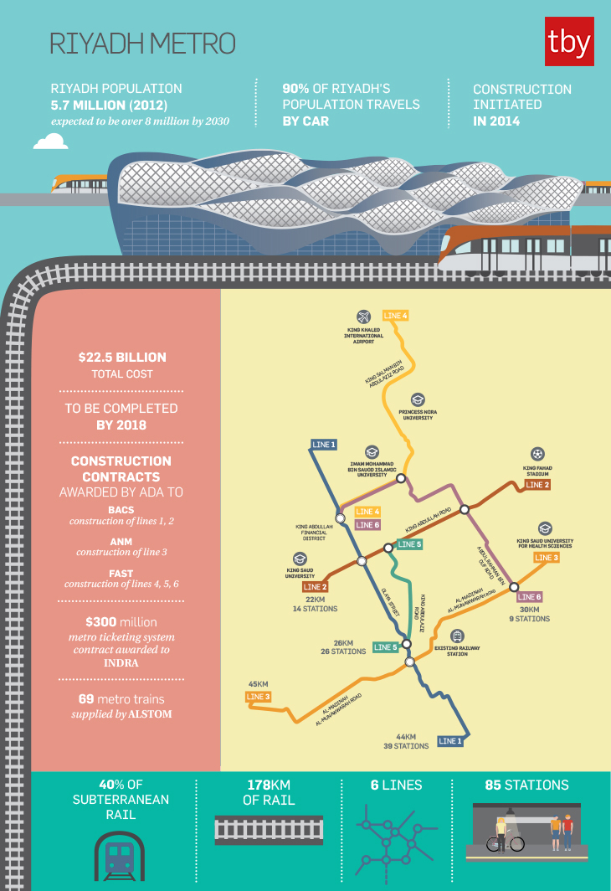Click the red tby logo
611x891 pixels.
[x=569, y=41]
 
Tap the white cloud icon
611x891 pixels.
[x=50, y=142]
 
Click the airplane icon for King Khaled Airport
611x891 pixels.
[x=363, y=317]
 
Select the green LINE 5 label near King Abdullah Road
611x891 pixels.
[x=409, y=544]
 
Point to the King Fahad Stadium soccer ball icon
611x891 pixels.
[x=537, y=455]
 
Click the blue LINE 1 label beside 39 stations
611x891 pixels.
[x=449, y=741]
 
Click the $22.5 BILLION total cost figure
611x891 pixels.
[x=122, y=357]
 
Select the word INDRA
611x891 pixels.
[x=121, y=662]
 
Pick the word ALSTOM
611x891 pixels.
[x=151, y=714]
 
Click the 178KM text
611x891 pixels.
[x=267, y=785]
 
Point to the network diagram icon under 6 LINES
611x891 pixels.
[x=396, y=840]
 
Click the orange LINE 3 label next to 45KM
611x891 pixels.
[x=258, y=697]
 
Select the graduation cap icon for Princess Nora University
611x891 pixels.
[x=418, y=399]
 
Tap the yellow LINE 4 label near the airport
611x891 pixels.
[x=395, y=316]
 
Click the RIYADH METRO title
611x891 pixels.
[x=142, y=44]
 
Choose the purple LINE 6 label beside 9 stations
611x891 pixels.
[x=529, y=597]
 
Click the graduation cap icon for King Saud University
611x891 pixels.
[x=300, y=559]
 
